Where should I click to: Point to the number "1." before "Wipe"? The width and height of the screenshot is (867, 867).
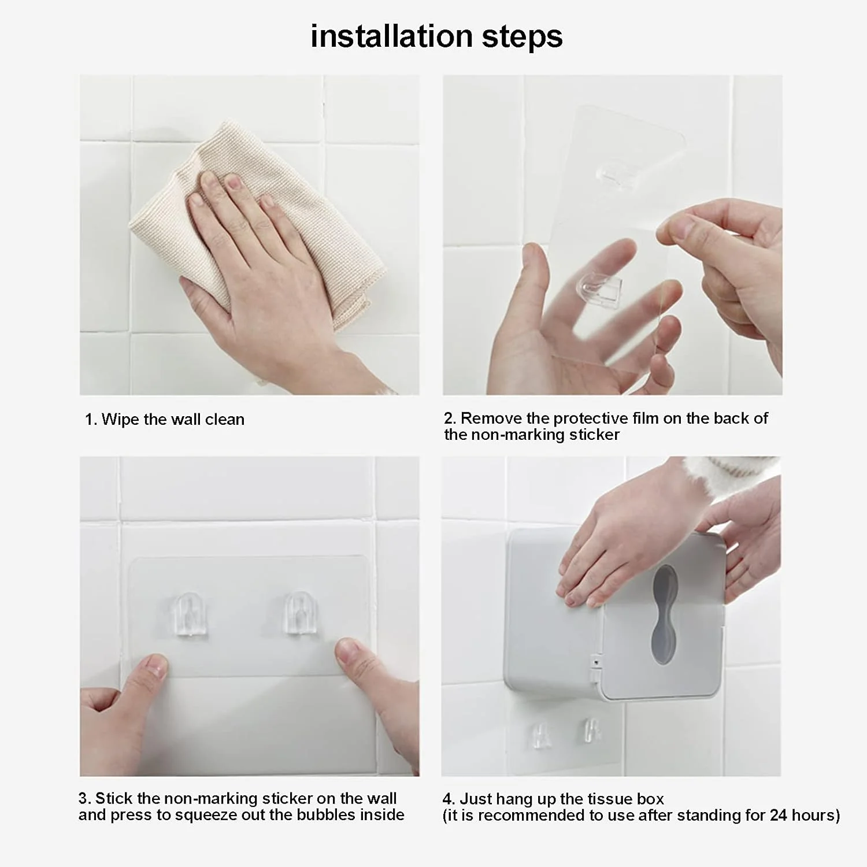tap(91, 420)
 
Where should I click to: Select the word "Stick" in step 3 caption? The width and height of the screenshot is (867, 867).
tap(113, 798)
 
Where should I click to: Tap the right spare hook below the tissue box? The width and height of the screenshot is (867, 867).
tap(592, 730)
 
